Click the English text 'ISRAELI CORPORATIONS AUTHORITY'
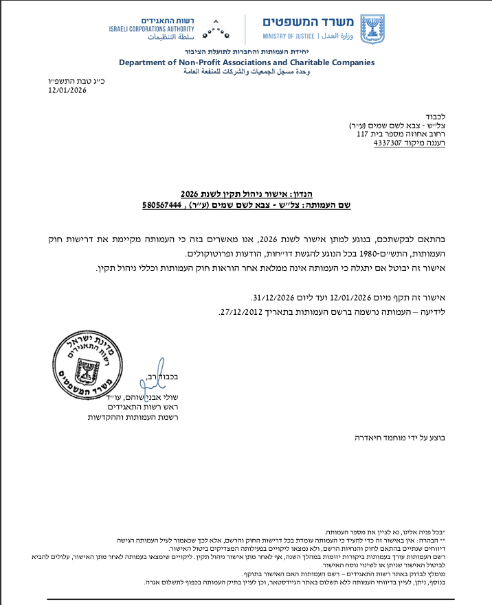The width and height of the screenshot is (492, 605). tap(151, 28)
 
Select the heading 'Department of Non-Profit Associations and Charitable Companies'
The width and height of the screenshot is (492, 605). tap(247, 62)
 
